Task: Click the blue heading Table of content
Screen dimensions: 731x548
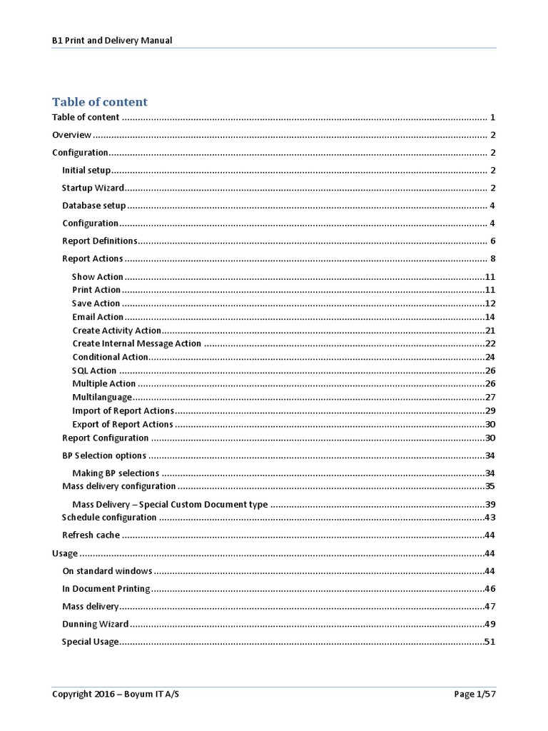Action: (100, 101)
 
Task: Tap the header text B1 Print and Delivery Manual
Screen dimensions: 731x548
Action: (112, 40)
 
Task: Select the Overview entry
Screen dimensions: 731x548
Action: (72, 135)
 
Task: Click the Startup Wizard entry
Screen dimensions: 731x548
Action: (93, 188)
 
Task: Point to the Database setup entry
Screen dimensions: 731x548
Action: (93, 206)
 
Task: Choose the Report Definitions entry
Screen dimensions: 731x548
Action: (99, 241)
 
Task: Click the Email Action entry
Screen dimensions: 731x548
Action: (98, 317)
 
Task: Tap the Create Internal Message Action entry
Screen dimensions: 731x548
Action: (136, 343)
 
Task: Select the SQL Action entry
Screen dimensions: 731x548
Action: (94, 370)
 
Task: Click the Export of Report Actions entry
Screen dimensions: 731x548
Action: (123, 425)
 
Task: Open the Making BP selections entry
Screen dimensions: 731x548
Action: (116, 473)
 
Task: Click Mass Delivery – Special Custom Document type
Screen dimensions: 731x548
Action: (170, 504)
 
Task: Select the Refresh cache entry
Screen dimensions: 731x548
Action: (91, 535)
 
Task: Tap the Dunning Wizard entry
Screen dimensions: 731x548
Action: (95, 624)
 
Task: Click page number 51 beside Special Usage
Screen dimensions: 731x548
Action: (489, 642)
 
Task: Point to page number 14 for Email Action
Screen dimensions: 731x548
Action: (489, 317)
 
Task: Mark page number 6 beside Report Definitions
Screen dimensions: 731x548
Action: (492, 241)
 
